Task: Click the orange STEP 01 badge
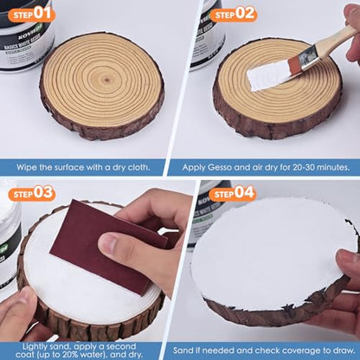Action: point(31,14)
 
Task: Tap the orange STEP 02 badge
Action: point(233,14)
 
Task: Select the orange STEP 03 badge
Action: point(31,193)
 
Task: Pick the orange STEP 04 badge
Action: point(232,193)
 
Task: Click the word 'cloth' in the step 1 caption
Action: point(139,167)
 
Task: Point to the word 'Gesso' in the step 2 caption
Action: point(219,168)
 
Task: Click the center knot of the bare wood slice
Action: point(106,79)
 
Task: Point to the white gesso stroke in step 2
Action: point(269,75)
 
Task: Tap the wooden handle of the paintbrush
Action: point(336,38)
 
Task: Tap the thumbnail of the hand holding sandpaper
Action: point(107,244)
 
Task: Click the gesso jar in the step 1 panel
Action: point(26,34)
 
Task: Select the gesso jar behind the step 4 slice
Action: point(208,214)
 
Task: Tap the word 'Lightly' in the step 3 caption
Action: point(36,347)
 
